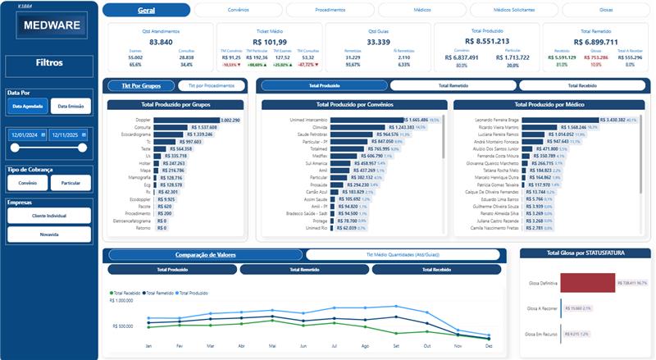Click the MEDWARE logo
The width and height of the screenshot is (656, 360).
pyautogui.click(x=52, y=25)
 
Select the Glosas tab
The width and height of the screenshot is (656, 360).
pyautogui.click(x=605, y=10)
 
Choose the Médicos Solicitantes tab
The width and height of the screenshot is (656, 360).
pyautogui.click(x=513, y=10)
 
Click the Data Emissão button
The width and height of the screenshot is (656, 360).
pyautogui.click(x=71, y=106)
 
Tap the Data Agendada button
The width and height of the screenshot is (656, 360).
pyautogui.click(x=27, y=106)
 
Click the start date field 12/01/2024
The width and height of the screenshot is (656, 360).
pyautogui.click(x=27, y=135)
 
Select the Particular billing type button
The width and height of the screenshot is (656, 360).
pyautogui.click(x=71, y=183)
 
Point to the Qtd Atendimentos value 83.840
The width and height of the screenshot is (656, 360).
pyautogui.click(x=162, y=41)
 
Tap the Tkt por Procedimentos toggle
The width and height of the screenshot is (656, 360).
pyautogui.click(x=212, y=85)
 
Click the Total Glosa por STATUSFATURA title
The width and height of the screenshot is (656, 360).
pyautogui.click(x=585, y=253)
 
